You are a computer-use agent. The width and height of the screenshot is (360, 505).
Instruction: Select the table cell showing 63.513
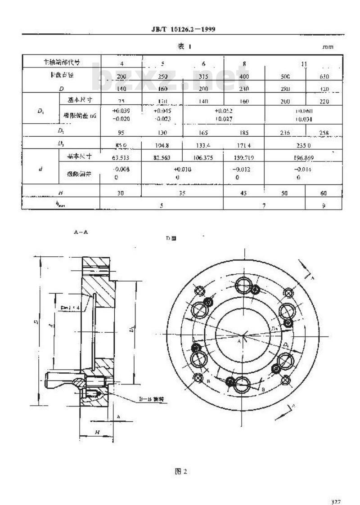coord(121,158)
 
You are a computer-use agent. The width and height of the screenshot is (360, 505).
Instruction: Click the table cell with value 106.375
coord(203,158)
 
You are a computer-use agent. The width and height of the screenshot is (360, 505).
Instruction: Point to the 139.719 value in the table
coord(244,158)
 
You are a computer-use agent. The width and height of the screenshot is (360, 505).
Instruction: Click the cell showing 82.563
coord(162,158)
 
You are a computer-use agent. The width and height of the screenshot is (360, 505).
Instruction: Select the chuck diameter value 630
coord(324,76)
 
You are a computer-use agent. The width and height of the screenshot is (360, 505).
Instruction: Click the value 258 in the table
coord(324,133)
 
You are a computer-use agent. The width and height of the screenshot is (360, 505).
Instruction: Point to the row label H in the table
coord(60,192)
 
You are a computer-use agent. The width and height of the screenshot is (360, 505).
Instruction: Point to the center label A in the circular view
coord(239,342)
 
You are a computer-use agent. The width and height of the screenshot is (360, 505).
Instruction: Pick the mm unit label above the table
coord(328,47)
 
